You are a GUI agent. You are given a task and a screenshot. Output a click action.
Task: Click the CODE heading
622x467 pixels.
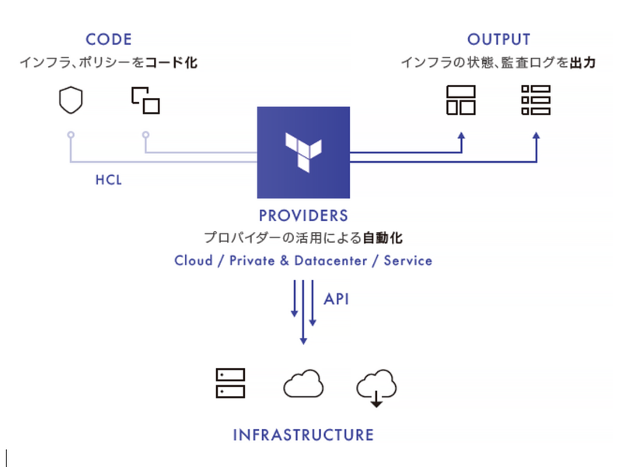[109, 39]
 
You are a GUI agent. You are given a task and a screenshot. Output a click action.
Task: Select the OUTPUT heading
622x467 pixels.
[498, 39]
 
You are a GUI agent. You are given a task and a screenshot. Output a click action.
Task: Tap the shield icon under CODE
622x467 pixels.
[71, 100]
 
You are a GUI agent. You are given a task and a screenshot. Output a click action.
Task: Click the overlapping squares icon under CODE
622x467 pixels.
[145, 100]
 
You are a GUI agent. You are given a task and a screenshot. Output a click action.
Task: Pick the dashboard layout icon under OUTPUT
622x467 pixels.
[461, 100]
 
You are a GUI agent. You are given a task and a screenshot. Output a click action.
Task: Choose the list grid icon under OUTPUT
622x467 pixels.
[536, 100]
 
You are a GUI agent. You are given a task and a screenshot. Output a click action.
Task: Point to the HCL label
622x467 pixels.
[109, 180]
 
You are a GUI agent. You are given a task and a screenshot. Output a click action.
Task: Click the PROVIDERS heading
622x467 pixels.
[303, 216]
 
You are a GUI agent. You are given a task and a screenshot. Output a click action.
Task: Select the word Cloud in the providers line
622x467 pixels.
[194, 261]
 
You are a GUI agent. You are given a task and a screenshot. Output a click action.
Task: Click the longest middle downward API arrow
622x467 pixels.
[303, 311]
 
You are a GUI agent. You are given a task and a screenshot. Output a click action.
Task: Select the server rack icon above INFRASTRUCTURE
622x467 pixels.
[230, 383]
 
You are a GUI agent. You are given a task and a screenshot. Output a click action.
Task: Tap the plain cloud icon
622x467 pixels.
[303, 383]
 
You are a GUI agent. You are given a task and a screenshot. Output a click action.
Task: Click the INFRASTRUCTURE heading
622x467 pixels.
[303, 434]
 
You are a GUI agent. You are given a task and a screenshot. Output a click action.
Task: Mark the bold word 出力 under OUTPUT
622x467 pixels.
[582, 62]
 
